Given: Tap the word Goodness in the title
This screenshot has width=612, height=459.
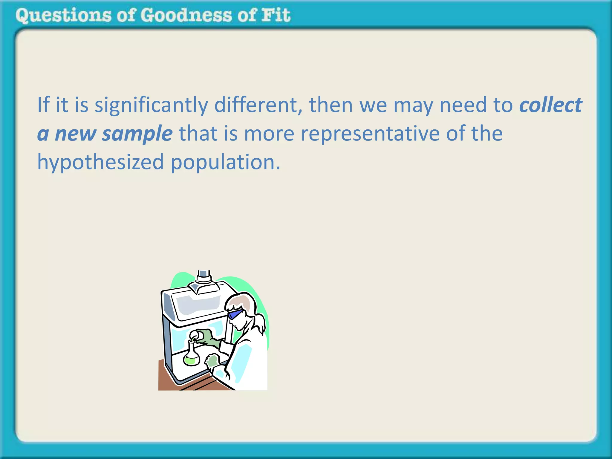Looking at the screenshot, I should click(186, 16).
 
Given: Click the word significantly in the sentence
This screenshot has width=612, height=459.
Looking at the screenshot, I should click(151, 105).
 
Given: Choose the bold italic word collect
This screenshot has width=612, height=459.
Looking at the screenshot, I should click(550, 105).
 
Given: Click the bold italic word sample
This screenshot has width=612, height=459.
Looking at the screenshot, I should click(137, 134).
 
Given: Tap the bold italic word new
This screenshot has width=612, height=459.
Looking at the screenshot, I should click(75, 134).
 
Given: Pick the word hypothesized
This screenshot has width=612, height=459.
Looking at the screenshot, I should click(100, 162).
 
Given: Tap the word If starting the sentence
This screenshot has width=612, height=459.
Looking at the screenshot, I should click(43, 105).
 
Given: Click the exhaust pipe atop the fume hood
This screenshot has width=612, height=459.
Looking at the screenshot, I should click(204, 276).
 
